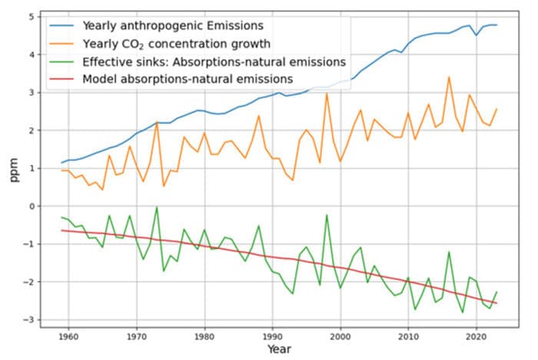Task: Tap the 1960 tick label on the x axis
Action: [68, 336]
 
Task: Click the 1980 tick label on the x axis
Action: [204, 336]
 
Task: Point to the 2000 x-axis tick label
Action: [340, 336]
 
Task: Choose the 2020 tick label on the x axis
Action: [476, 336]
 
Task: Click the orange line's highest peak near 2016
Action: [449, 77]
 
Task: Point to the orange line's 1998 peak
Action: [327, 94]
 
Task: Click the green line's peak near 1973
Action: [157, 207]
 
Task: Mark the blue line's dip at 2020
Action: [476, 35]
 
